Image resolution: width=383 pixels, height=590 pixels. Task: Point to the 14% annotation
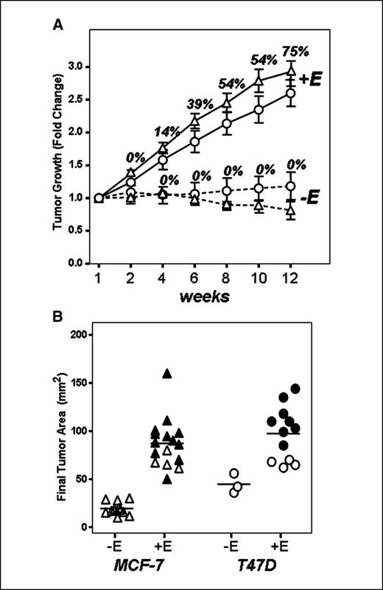168,131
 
